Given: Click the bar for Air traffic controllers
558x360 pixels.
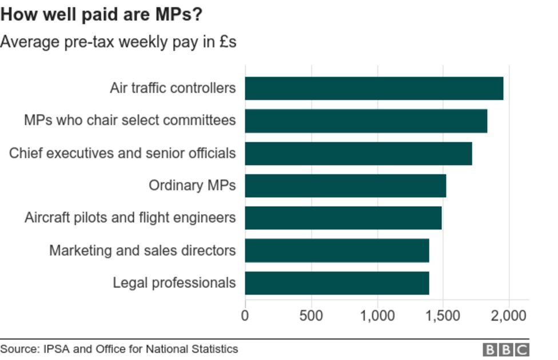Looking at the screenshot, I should [374, 88].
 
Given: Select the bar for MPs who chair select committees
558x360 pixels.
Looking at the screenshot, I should [366, 121].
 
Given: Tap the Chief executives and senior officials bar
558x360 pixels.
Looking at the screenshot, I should [358, 153].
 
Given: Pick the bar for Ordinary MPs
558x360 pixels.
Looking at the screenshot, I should [345, 186].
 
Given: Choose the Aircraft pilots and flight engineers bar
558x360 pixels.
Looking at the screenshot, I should [343, 218].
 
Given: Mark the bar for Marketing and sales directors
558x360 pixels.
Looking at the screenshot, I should [337, 250].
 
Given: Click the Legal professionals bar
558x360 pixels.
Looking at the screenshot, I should [337, 283].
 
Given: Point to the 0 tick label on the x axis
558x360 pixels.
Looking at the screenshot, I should [245, 315].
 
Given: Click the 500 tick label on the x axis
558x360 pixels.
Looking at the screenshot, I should [311, 315].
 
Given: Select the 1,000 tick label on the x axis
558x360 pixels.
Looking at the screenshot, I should [377, 315].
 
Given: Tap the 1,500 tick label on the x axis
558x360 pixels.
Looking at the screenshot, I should [443, 315].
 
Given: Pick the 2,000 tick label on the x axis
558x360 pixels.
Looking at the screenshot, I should [509, 315].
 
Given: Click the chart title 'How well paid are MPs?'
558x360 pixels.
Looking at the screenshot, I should [101, 15].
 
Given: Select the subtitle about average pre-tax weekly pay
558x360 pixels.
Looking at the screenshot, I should [118, 42].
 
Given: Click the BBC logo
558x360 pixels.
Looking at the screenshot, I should [506, 349].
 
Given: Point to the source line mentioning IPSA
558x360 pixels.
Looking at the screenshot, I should [119, 349].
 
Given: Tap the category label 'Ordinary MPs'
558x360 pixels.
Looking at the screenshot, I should [192, 186].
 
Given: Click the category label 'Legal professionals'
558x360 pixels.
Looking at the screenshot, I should [174, 283].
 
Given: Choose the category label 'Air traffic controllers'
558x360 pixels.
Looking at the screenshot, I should [173, 88].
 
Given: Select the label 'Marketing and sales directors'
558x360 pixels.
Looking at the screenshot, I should [142, 250].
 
